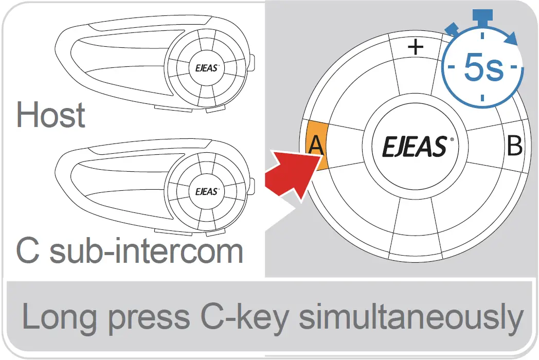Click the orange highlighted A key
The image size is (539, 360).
316,145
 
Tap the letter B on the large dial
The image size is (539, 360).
514,146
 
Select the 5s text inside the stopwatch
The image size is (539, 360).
483,68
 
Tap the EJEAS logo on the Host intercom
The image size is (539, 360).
206,67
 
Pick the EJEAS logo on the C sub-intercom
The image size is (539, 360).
206,191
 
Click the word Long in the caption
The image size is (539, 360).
57,318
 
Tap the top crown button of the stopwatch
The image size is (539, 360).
482,16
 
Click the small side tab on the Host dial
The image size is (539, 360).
253,63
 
